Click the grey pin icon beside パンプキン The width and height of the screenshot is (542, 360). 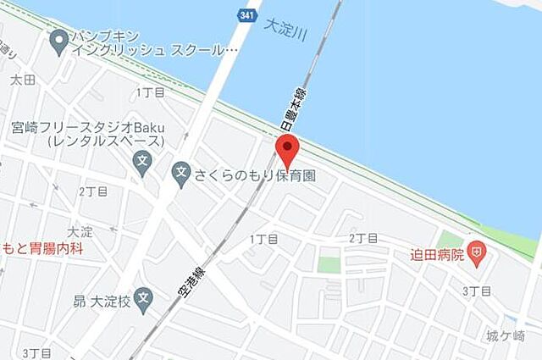point(58,38)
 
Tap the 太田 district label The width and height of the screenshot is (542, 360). point(22,80)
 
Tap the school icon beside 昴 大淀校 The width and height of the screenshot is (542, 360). point(144,299)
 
